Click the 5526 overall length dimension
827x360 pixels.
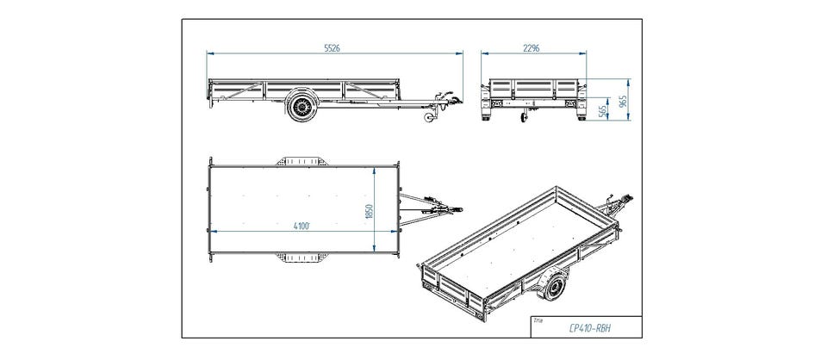[x=333, y=48]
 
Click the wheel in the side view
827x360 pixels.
[x=302, y=108]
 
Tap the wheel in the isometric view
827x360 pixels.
[x=551, y=287]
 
